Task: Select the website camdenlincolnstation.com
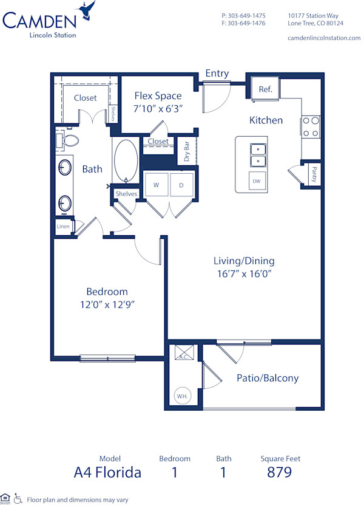[x=323, y=38]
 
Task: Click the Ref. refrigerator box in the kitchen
[x=265, y=89]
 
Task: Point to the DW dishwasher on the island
[x=257, y=180]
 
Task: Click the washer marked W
[x=156, y=184]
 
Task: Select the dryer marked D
[x=181, y=184]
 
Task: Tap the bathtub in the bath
[x=126, y=160]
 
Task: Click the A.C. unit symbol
[x=182, y=353]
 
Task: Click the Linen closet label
[x=63, y=227]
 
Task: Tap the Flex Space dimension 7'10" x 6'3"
[x=158, y=108]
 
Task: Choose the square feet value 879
[x=280, y=472]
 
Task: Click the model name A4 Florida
[x=108, y=472]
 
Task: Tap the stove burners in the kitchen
[x=311, y=126]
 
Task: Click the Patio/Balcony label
[x=268, y=378]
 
